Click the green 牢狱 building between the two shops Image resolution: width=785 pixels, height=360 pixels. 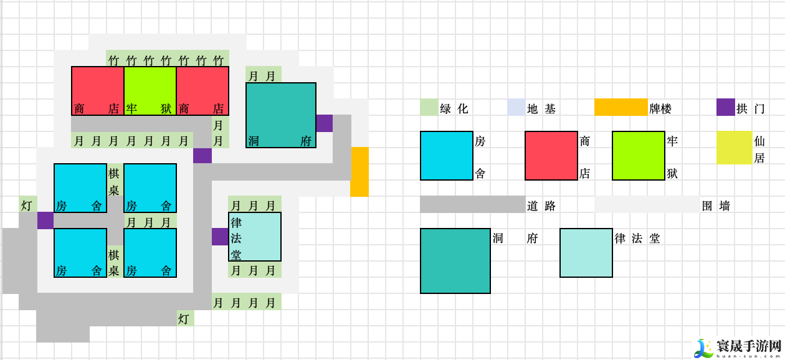click(x=150, y=91)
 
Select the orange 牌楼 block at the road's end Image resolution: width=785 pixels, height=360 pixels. click(x=359, y=172)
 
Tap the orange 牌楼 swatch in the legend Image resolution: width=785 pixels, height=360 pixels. click(x=621, y=107)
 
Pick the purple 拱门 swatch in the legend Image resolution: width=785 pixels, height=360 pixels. click(x=725, y=107)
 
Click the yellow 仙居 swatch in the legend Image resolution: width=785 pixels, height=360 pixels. click(x=734, y=148)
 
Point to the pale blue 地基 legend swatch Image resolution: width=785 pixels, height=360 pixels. click(x=516, y=107)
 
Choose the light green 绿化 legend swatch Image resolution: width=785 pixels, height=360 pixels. click(x=429, y=107)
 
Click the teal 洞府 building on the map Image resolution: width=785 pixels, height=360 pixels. click(x=281, y=115)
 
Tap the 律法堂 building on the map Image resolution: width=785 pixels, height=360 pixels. click(x=255, y=237)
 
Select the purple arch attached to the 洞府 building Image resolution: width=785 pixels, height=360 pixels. click(x=325, y=123)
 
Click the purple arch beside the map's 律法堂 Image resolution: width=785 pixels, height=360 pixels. click(x=220, y=237)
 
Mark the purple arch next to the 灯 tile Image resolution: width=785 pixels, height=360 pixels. click(x=45, y=220)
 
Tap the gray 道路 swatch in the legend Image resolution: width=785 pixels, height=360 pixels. click(x=472, y=204)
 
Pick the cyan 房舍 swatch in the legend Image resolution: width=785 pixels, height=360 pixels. click(x=447, y=156)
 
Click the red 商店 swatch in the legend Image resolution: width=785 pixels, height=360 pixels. click(x=551, y=156)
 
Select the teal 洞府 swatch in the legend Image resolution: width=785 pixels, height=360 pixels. click(x=455, y=261)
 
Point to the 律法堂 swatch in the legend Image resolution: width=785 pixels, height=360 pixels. click(x=586, y=253)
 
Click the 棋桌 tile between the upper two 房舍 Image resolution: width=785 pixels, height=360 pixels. click(x=114, y=182)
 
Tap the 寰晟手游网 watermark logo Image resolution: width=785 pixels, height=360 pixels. click(x=739, y=348)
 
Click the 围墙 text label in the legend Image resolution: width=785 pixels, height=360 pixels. click(x=716, y=206)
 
